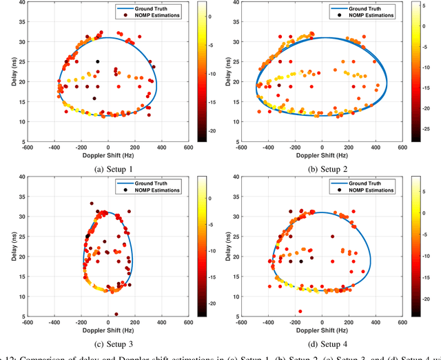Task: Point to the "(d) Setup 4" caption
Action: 322,339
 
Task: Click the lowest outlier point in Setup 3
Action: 116,314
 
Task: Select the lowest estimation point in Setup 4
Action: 300,311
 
